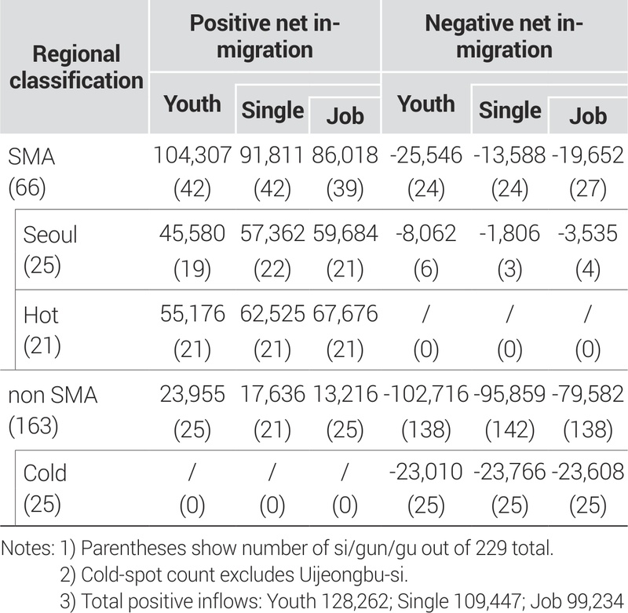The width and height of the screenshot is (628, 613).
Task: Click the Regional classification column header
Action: click(x=77, y=67)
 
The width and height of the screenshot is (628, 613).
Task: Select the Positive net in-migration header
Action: click(x=265, y=36)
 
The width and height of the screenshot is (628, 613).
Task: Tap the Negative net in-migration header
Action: click(x=504, y=36)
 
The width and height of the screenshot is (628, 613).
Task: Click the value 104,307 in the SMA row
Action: click(x=193, y=156)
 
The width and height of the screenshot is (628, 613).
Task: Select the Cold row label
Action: click(x=46, y=473)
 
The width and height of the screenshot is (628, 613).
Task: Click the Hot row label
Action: click(x=42, y=314)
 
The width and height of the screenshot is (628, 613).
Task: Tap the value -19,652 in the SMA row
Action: click(x=587, y=156)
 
